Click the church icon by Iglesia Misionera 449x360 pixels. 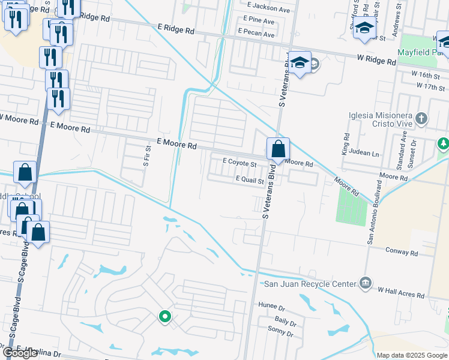(x=421, y=118)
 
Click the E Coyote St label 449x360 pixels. (x=240, y=162)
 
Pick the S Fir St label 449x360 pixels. (x=145, y=155)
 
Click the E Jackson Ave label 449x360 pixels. (x=268, y=9)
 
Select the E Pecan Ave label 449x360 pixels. (x=256, y=34)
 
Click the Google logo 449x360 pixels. (x=20, y=353)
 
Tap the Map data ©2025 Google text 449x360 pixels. (x=412, y=355)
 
